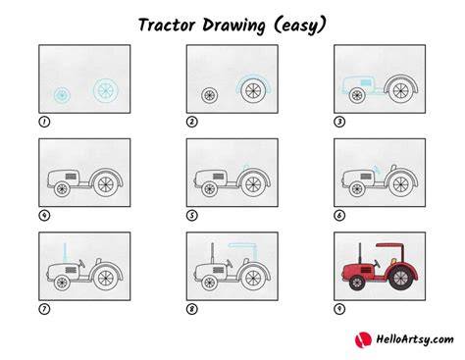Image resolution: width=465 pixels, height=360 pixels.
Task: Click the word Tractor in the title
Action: [167, 25]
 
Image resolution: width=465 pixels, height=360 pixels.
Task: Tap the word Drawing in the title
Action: [233, 26]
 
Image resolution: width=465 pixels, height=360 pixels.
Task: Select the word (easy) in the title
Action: [299, 26]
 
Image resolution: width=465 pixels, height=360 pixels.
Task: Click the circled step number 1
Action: [44, 122]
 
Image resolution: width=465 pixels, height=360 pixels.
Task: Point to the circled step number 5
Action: [192, 216]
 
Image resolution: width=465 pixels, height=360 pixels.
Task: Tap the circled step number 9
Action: [339, 309]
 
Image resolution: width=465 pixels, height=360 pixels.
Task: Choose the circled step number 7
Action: [44, 309]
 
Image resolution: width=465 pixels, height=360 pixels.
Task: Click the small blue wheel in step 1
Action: [61, 95]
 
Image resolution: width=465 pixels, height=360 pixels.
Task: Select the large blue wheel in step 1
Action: [105, 89]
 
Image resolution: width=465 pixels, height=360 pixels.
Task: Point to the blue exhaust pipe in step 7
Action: [65, 252]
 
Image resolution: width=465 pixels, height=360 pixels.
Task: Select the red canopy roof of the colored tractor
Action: [390, 245]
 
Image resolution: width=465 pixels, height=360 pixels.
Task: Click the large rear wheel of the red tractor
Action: [400, 279]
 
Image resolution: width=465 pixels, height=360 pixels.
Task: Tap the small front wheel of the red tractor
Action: [357, 283]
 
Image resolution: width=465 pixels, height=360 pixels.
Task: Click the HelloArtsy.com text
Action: [415, 339]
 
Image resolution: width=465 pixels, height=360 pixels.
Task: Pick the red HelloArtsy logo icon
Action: [363, 339]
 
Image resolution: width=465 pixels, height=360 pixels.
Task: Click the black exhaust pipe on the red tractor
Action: [360, 253]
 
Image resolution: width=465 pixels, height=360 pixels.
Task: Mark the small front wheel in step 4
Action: [62, 189]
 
